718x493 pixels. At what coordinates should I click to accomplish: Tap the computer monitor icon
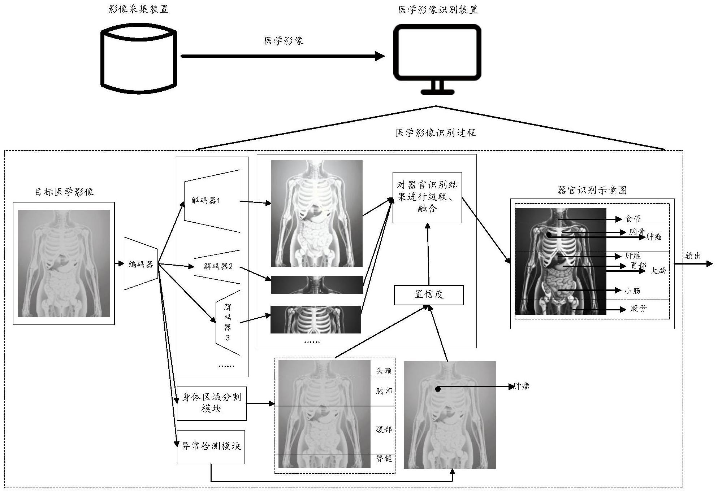437,58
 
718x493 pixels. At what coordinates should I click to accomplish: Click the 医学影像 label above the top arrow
284,41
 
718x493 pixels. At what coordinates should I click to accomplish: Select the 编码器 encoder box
141,264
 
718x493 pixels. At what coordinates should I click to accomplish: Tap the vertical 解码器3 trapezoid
228,322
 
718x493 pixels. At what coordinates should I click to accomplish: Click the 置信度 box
428,295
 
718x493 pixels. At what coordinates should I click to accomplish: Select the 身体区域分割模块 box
211,403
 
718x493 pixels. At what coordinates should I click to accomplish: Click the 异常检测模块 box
211,446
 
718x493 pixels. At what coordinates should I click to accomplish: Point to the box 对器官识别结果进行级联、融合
427,197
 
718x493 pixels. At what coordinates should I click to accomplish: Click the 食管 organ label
633,219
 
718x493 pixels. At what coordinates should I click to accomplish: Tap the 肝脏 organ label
633,256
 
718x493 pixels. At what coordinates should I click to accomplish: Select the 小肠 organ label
632,291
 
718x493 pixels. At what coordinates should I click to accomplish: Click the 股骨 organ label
638,309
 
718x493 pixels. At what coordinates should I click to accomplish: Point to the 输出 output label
693,256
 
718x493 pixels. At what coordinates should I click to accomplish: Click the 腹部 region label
384,429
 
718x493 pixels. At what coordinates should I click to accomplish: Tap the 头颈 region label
384,371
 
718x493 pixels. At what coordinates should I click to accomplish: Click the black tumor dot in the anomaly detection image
438,389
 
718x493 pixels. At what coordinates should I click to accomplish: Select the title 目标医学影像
64,192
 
